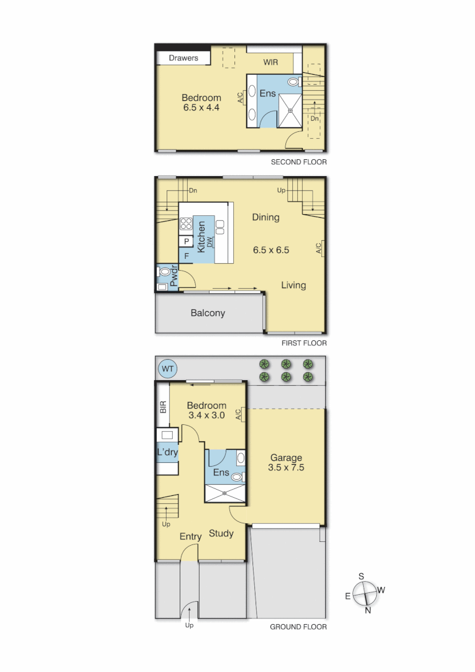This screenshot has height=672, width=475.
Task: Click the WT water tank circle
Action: [168, 369]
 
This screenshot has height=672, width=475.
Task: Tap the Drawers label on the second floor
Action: [183, 58]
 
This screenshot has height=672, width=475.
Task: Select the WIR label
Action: [270, 62]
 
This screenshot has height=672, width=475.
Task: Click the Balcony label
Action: [208, 313]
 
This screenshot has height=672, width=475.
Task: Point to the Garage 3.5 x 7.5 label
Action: [286, 463]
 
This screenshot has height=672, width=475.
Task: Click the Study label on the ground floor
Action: [221, 533]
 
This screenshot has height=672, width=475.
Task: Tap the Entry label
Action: [190, 537]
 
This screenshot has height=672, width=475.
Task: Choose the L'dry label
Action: [167, 452]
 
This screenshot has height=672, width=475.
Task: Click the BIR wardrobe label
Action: [163, 408]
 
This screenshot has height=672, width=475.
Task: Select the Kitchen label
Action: [201, 236]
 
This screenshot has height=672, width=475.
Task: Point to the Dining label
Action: [265, 217]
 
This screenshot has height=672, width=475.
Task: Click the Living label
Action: [293, 285]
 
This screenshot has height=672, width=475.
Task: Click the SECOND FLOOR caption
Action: [298, 162]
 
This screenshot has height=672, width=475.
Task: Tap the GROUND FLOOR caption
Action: [298, 627]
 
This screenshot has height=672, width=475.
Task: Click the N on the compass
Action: [368, 610]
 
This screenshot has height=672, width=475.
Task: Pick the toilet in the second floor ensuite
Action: [293, 82]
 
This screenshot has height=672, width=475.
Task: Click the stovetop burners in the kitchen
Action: [186, 223]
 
